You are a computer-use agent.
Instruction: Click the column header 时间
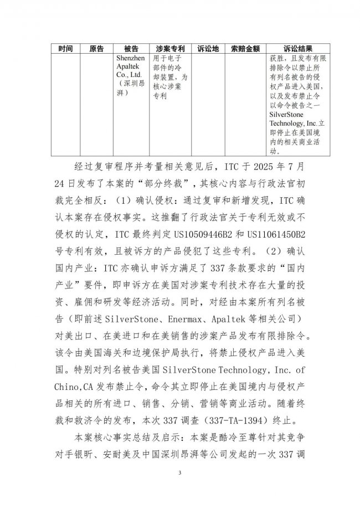click(65, 49)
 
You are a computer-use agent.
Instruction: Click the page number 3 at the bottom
click(180, 472)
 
